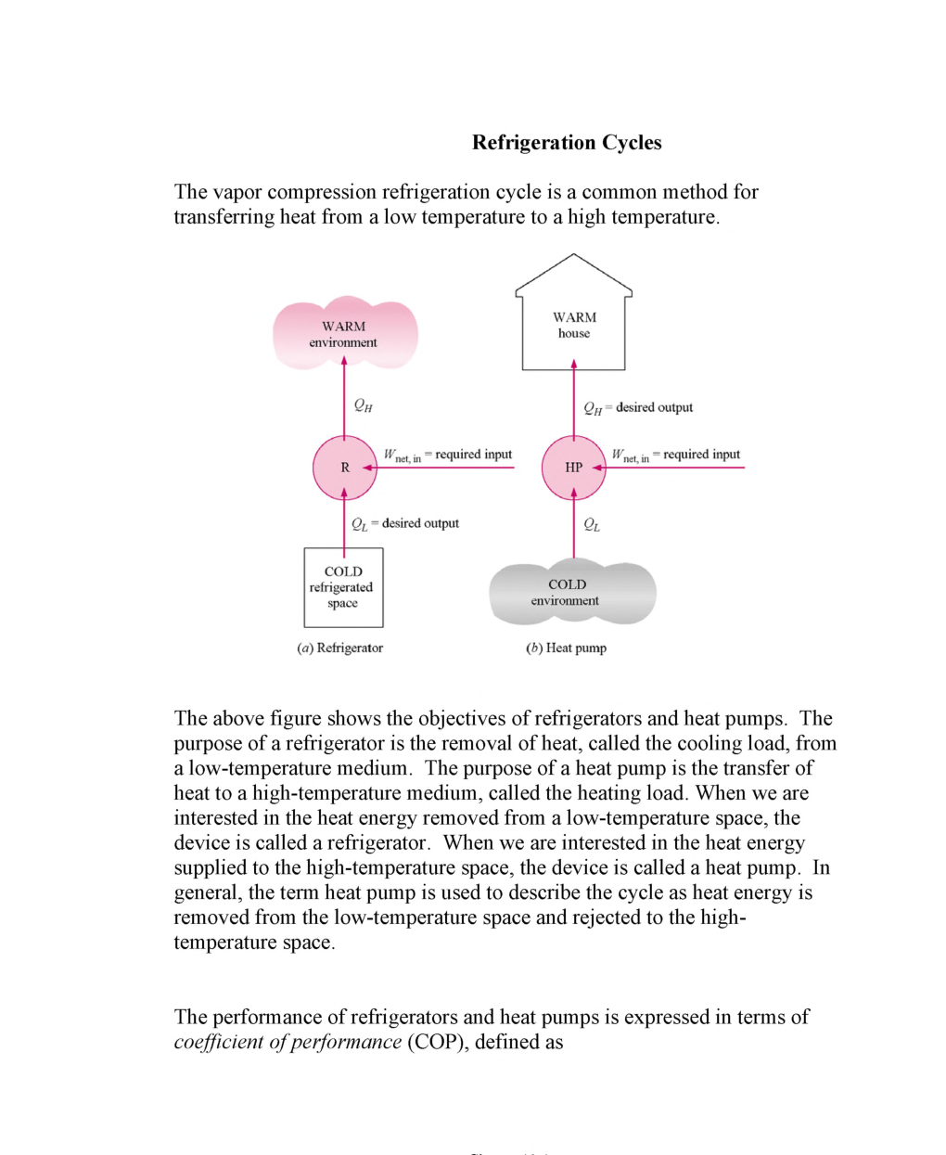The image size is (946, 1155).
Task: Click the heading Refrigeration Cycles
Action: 567,143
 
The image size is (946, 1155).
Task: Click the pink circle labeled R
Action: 344,468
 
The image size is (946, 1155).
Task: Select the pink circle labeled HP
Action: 573,468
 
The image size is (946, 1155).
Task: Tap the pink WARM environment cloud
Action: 344,334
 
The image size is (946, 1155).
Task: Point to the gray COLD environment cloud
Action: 571,593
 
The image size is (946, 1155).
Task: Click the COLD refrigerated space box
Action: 343,587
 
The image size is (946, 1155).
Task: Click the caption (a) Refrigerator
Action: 339,648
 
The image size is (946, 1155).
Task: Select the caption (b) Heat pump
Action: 566,648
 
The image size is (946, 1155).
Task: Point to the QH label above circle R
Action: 363,405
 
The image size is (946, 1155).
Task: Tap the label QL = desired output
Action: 405,524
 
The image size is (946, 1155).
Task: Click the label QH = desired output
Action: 638,408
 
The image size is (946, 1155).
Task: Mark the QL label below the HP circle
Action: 592,525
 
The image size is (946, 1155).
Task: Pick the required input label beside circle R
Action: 448,455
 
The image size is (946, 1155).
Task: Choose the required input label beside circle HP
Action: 676,455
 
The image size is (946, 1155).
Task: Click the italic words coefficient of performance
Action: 288,1042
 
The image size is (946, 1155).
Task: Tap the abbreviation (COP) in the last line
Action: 438,1042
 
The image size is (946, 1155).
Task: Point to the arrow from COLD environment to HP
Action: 573,527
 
